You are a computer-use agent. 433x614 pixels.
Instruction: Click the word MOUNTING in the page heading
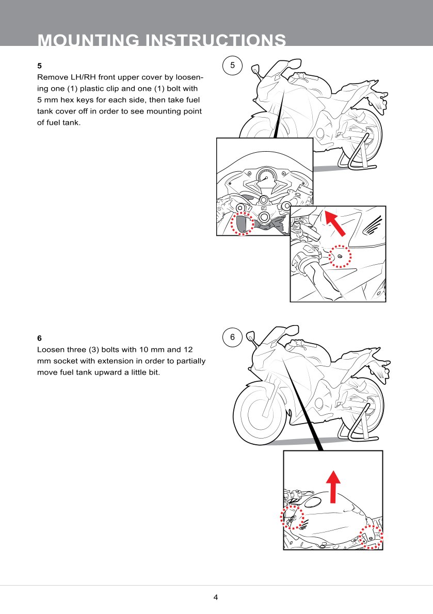click(x=88, y=40)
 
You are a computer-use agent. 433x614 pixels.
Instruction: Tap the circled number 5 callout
click(x=233, y=66)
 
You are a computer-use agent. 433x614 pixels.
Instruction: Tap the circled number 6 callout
click(x=233, y=337)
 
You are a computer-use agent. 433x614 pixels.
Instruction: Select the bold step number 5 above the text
click(x=40, y=66)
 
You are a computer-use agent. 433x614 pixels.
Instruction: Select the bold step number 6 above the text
click(x=40, y=338)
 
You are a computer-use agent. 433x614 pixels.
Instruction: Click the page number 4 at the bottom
click(x=216, y=597)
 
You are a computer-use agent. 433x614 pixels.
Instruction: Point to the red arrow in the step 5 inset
click(x=335, y=222)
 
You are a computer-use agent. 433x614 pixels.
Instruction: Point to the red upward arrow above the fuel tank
click(x=333, y=487)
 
